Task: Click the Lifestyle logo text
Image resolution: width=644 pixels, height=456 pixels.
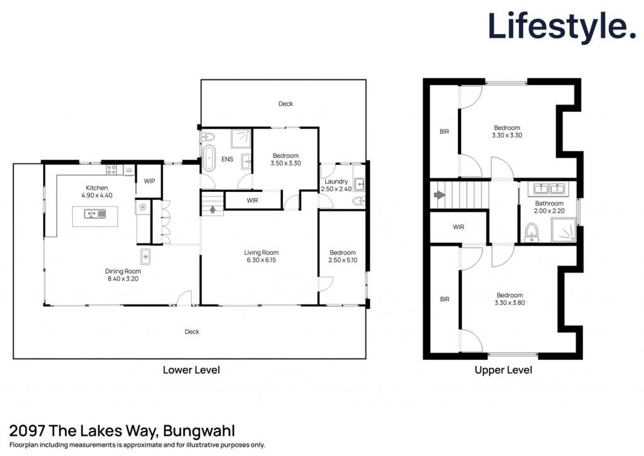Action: [x=562, y=26]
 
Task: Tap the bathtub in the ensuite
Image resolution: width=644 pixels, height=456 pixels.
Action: [x=209, y=158]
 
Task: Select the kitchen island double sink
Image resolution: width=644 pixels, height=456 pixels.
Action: [x=95, y=214]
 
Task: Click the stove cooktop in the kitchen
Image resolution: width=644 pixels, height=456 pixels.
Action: [x=111, y=169]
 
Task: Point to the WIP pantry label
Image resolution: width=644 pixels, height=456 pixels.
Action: [x=149, y=181]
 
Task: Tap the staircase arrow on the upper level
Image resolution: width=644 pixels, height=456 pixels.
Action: [x=440, y=194]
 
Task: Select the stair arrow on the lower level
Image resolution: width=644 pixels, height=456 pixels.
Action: [x=213, y=209]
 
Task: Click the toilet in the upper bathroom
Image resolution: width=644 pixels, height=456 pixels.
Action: [x=531, y=232]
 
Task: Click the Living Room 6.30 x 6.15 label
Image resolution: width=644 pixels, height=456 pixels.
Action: [x=261, y=257]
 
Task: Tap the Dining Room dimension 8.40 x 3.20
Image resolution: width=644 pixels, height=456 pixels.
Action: [x=123, y=279]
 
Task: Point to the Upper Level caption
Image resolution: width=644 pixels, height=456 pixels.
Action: [x=503, y=370]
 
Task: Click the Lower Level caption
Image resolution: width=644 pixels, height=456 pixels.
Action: [x=191, y=370]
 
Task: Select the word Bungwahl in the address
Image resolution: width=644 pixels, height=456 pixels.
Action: [x=199, y=431]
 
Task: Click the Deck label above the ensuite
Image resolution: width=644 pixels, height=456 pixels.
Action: [x=286, y=104]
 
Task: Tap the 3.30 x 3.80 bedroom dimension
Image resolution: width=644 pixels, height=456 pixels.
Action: [x=509, y=303]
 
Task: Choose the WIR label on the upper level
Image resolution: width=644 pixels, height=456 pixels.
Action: [x=458, y=227]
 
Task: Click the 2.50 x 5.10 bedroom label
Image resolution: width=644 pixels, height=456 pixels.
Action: [x=343, y=257]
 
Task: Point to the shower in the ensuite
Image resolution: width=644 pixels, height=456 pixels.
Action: [x=241, y=138]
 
